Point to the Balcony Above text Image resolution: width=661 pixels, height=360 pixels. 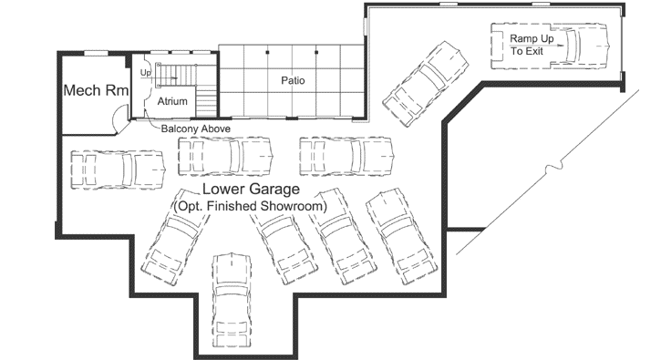coord(195,130)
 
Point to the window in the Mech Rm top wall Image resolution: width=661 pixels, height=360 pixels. coord(96,53)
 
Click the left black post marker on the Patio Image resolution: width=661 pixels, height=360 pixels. coord(267,53)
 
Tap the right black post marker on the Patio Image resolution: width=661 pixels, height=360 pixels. coord(316,53)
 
